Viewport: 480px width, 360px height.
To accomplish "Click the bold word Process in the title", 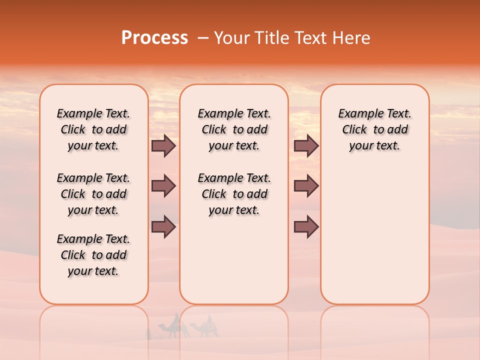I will pyautogui.click(x=154, y=38).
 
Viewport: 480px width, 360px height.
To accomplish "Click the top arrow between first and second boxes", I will pyautogui.click(x=163, y=145).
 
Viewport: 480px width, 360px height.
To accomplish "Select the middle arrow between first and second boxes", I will pyautogui.click(x=163, y=186).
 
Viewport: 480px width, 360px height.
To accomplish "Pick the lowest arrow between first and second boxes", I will pyautogui.click(x=163, y=227).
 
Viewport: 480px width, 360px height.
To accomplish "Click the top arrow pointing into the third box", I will pyautogui.click(x=306, y=145).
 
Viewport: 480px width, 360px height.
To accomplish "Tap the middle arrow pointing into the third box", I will pyautogui.click(x=306, y=186).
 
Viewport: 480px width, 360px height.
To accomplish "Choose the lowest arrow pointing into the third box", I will pyautogui.click(x=306, y=227).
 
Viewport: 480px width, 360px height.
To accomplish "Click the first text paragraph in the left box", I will pyautogui.click(x=93, y=129).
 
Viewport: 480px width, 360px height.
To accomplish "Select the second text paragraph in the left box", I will pyautogui.click(x=93, y=194).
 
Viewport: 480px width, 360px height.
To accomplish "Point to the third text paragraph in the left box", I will pyautogui.click(x=93, y=255).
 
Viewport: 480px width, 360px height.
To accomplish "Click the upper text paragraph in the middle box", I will pyautogui.click(x=234, y=129).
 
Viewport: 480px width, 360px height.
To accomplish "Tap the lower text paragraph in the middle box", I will pyautogui.click(x=234, y=194).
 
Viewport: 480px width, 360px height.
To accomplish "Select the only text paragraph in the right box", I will pyautogui.click(x=374, y=129).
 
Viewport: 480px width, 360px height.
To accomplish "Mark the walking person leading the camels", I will pyautogui.click(x=148, y=334).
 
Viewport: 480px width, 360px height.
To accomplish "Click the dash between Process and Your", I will pyautogui.click(x=202, y=38).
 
